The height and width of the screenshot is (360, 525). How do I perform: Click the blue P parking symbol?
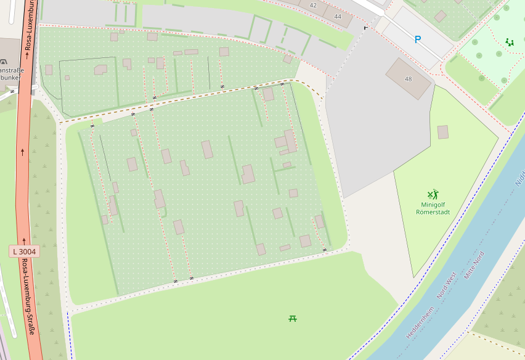pos(418,39)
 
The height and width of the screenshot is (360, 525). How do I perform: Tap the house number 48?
pos(408,79)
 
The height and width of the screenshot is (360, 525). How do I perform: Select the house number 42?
pos(313,5)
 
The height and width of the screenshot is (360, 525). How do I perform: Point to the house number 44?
pos(338,16)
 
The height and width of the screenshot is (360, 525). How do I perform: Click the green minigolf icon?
pos(433,195)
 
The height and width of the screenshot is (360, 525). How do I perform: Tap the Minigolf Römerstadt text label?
pos(433,208)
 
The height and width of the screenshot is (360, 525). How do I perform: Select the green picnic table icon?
pos(293,318)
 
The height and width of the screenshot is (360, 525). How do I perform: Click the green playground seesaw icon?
pos(510,42)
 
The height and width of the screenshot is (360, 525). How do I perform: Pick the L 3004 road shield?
pos(25,252)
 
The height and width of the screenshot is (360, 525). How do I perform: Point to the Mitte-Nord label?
pos(474,266)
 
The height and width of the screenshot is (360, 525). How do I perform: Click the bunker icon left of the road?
pos(4,62)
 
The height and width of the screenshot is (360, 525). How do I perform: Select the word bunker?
pos(10,78)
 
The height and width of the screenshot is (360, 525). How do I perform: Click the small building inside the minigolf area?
pos(443,132)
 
